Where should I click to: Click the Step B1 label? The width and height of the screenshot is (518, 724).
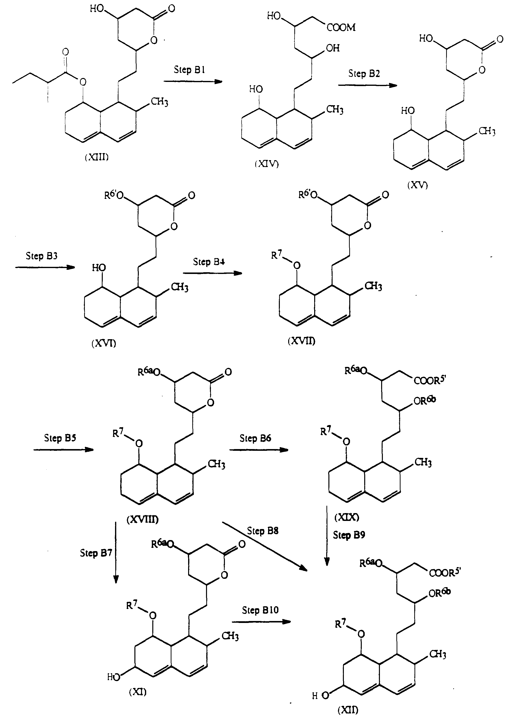pos(189,69)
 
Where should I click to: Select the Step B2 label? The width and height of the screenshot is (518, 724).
pos(364,74)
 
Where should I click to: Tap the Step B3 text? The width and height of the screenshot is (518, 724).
pos(41,256)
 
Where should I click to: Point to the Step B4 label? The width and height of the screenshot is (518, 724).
pos(209,262)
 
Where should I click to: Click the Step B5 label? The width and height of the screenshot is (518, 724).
pos(60,438)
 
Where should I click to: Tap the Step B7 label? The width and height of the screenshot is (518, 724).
pos(96,553)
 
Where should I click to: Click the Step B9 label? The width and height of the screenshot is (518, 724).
pos(349,535)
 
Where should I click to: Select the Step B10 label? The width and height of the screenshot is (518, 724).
pos(260,610)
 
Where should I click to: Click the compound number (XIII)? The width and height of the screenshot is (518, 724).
pos(97,157)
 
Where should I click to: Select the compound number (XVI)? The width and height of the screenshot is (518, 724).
pos(104,344)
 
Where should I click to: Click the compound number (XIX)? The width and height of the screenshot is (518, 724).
pos(347,517)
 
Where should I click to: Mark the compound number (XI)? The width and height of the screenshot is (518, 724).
pos(138,692)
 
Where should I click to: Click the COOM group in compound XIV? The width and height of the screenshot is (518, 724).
pos(341,27)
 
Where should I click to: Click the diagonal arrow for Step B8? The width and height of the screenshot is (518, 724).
pos(265,546)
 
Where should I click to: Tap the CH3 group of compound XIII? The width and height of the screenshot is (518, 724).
pos(159,102)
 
